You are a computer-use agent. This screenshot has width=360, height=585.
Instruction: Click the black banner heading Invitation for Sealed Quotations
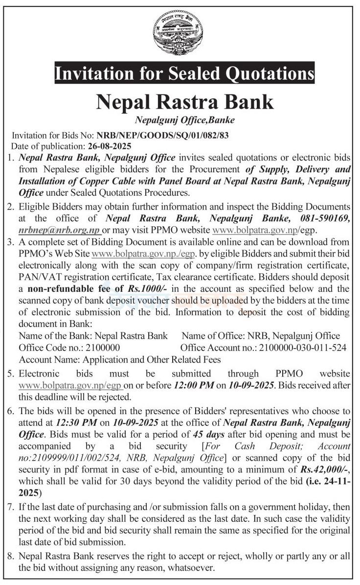(x=184, y=74)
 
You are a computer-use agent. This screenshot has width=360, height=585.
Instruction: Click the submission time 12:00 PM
(x=194, y=385)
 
